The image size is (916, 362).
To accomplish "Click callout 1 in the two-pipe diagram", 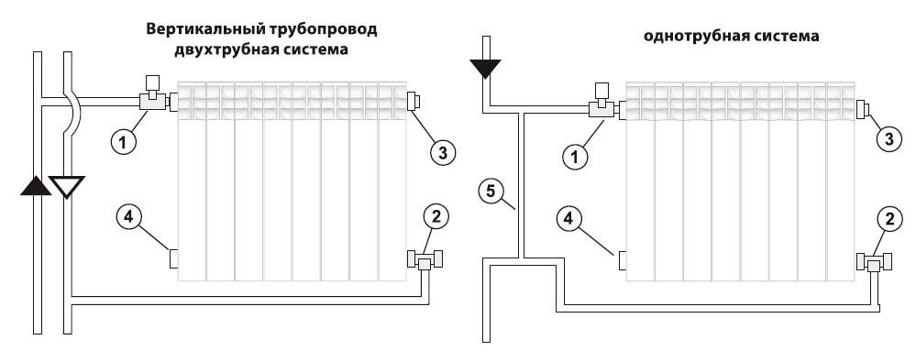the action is (124, 140).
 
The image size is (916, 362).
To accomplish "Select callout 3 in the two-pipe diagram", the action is (443, 153).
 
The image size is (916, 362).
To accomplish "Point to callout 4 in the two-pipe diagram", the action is (128, 216).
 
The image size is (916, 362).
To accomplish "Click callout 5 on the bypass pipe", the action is (491, 191).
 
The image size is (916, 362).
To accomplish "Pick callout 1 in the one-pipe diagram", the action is (576, 156).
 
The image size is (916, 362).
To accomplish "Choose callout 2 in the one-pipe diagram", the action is (889, 220).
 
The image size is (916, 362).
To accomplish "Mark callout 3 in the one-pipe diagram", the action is (889, 139).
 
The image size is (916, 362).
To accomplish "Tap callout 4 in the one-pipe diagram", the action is (572, 220).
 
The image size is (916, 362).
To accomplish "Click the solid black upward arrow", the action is (37, 185).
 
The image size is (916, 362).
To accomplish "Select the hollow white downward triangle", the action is (67, 187).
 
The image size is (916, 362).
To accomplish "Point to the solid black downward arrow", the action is (485, 69).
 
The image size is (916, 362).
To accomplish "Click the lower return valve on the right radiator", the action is (875, 262).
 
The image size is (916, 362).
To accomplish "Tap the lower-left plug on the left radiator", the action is (173, 258).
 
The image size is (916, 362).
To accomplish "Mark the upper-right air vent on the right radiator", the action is (862, 108).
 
